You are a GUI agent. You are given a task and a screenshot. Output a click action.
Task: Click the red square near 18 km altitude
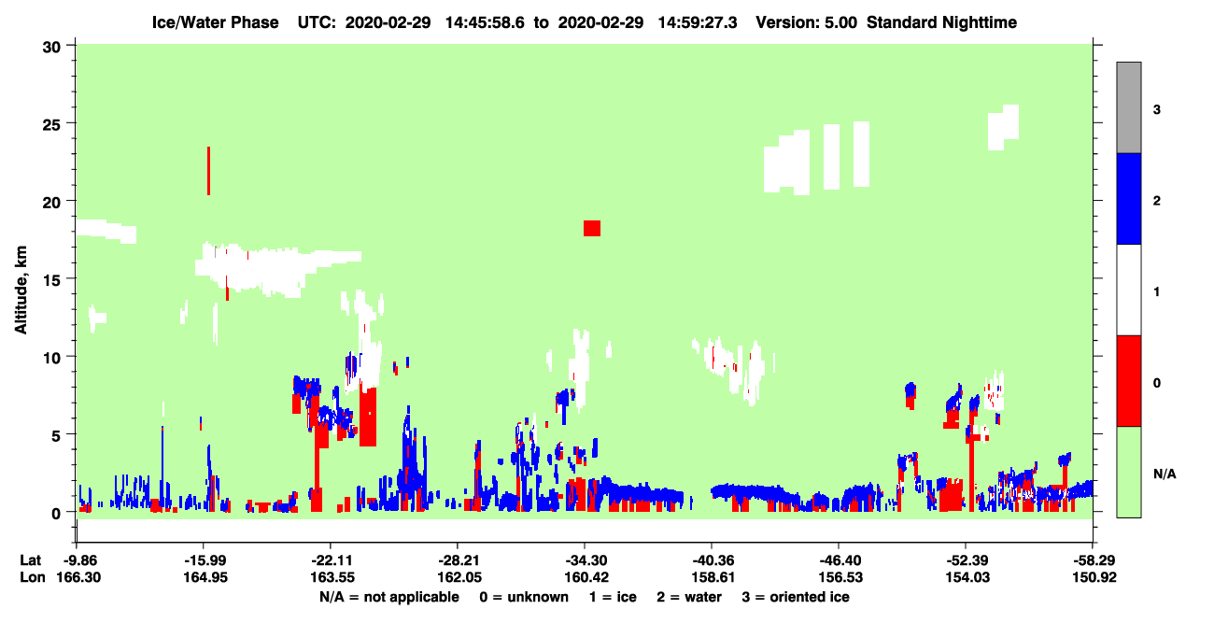(x=592, y=228)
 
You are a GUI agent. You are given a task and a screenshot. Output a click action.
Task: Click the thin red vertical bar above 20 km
(x=208, y=171)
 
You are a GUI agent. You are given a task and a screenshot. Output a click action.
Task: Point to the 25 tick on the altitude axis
(x=70, y=123)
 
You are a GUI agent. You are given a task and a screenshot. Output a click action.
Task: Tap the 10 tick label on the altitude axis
(x=51, y=358)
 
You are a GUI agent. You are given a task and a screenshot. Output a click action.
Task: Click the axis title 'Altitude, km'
(x=21, y=290)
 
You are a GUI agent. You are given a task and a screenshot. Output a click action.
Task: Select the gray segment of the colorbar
(x=1129, y=107)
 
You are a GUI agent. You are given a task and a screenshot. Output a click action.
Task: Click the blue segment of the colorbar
(x=1129, y=198)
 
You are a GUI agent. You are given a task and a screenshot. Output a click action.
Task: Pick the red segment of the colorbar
(x=1129, y=381)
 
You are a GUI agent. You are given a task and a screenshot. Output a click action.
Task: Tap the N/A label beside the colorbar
(x=1165, y=474)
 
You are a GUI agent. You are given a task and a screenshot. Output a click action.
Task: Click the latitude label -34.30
(x=586, y=560)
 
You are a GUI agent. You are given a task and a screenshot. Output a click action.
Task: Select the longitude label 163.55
(x=332, y=577)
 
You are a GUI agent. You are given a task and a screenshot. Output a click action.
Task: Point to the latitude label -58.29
(x=1094, y=560)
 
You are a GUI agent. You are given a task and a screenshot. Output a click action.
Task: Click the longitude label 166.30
(x=78, y=577)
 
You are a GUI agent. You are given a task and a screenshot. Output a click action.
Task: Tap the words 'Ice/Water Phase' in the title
(x=215, y=22)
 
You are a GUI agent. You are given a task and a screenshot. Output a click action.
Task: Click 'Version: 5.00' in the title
(x=807, y=22)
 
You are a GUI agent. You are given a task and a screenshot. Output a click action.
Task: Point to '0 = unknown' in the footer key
(x=524, y=597)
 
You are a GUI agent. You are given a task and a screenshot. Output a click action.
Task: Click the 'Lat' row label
(x=30, y=560)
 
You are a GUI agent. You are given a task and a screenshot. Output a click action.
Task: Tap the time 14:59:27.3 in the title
(x=698, y=22)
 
